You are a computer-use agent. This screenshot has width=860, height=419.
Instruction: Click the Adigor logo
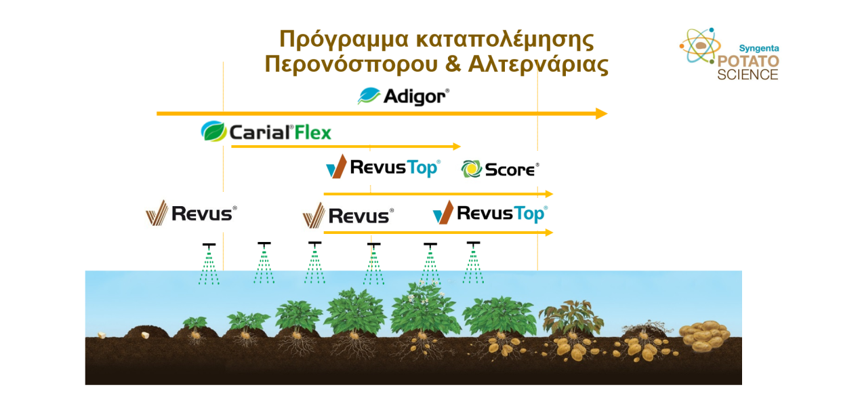(x=404, y=96)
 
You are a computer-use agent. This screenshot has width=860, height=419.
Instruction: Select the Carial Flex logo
(x=266, y=132)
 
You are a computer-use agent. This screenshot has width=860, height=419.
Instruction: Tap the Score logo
(x=500, y=169)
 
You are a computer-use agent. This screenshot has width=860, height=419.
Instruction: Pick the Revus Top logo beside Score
(x=383, y=167)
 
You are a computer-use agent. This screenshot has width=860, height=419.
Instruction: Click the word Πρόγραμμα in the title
(x=343, y=39)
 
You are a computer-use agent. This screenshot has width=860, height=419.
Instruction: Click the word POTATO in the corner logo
(x=748, y=61)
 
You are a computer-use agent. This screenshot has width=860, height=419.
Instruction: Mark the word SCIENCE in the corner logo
(x=748, y=75)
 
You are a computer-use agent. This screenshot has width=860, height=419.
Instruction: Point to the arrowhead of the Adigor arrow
(x=601, y=113)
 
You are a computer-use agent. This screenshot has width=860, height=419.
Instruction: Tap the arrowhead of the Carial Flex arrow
(x=457, y=146)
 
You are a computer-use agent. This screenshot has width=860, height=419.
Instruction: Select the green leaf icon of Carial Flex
(x=213, y=131)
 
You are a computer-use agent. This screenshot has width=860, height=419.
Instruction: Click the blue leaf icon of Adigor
(x=369, y=96)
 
